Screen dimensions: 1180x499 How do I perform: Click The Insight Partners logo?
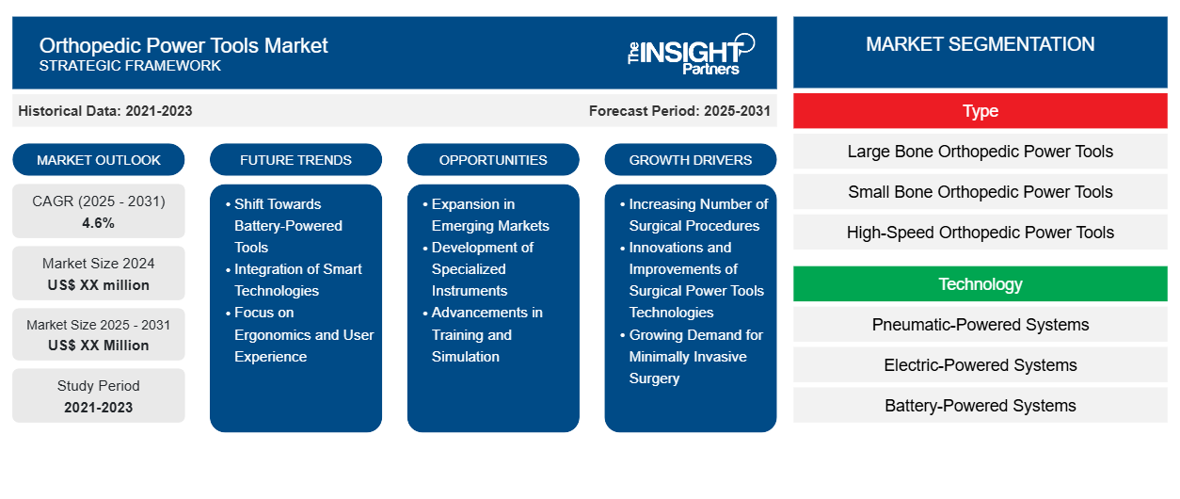[691, 54]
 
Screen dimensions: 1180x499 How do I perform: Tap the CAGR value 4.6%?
[99, 223]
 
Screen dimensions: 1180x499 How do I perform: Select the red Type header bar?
[980, 111]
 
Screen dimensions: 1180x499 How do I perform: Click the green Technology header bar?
[980, 284]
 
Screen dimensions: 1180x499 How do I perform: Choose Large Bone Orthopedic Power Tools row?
[980, 152]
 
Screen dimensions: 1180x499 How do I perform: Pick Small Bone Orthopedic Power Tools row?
[980, 192]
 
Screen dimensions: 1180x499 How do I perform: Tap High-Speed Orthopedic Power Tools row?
[980, 233]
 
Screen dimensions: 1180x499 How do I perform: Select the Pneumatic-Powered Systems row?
[980, 325]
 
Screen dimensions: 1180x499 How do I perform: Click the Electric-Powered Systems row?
[980, 365]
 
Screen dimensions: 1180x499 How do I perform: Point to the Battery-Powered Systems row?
[980, 406]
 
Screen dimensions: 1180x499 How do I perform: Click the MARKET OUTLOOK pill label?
[99, 160]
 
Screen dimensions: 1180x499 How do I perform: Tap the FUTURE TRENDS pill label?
[295, 160]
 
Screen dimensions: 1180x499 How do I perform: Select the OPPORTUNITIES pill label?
[493, 160]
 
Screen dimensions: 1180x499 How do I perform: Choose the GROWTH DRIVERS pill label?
[690, 160]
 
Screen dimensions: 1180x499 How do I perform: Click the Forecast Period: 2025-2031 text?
[679, 111]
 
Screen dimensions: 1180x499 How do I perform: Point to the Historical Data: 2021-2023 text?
[105, 111]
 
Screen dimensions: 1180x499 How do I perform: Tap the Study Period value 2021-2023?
[99, 408]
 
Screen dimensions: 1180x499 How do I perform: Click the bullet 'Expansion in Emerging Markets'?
[486, 215]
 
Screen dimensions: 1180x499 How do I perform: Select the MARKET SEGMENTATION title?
[980, 44]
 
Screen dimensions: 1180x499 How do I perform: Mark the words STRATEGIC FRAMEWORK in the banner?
[130, 66]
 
